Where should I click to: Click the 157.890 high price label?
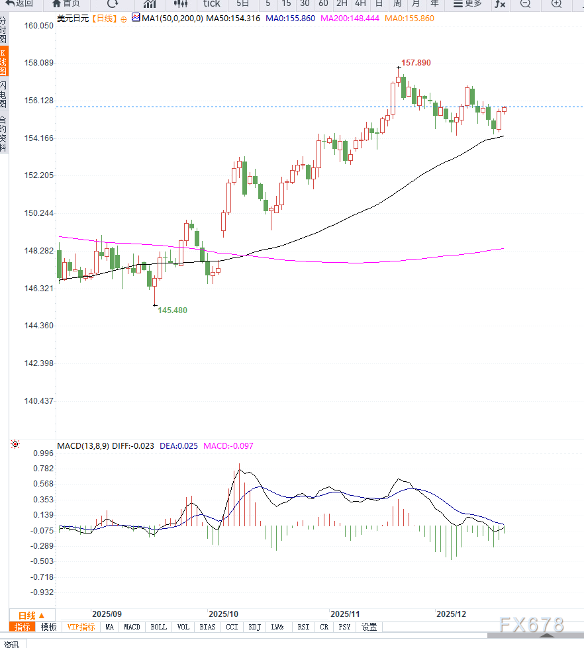416,63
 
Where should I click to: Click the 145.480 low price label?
172,310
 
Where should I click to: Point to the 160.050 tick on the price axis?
38,26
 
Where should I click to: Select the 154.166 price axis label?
38,138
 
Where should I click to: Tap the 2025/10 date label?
222,614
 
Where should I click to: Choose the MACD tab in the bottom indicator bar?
132,627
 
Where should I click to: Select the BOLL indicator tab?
158,627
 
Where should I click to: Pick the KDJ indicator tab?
255,627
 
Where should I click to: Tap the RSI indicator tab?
303,627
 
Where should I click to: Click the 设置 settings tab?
369,627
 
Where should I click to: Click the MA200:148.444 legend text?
350,19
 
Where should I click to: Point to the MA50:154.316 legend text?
232,19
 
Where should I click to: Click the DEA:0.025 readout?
179,446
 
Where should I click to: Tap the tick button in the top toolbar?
211,4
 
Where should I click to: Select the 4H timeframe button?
360,4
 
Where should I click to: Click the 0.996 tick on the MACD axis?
42,453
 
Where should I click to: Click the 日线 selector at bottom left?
31,615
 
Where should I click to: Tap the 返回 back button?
20,4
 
